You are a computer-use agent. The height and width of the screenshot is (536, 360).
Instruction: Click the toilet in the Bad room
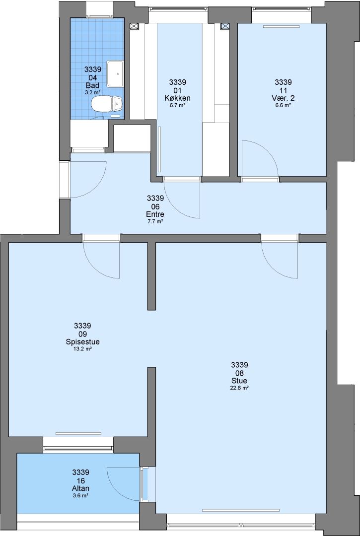pos(106,104)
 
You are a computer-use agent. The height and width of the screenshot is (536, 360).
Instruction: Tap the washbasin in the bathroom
pos(115,74)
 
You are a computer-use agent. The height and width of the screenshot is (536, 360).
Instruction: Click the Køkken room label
pos(177,98)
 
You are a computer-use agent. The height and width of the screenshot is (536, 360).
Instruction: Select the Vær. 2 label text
pos(283,98)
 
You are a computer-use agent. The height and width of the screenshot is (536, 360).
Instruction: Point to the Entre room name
pos(155,214)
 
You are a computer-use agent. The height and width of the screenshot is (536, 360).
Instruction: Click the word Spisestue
pos(82,341)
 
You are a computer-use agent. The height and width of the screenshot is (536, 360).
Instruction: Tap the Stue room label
pos(239,381)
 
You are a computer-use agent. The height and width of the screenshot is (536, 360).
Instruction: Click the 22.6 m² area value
pos(239,388)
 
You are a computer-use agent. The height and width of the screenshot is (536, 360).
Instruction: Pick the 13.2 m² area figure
pos(82,349)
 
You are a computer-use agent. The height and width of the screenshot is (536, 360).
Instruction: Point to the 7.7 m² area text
pos(155,221)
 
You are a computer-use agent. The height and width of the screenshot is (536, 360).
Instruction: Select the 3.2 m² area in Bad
pos(93,92)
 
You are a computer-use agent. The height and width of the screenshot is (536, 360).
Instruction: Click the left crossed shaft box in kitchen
pos(134,26)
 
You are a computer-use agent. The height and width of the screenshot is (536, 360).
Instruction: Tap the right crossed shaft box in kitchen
pos(225,26)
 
